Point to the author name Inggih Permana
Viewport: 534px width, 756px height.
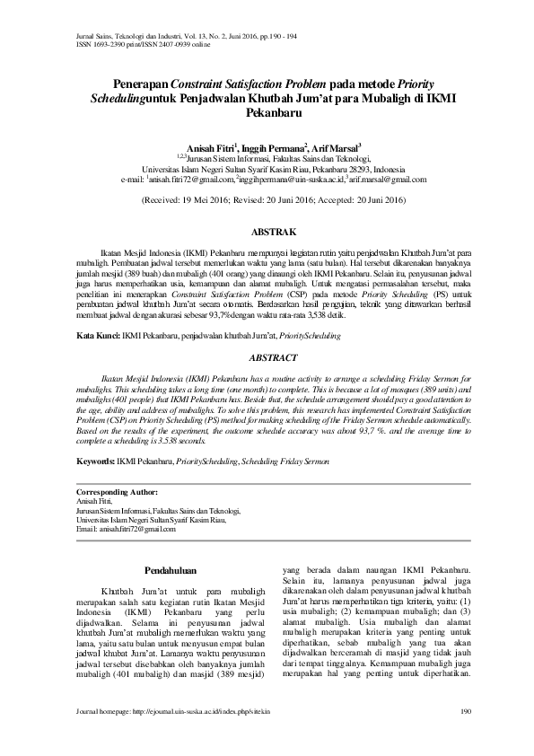(x=276, y=146)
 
